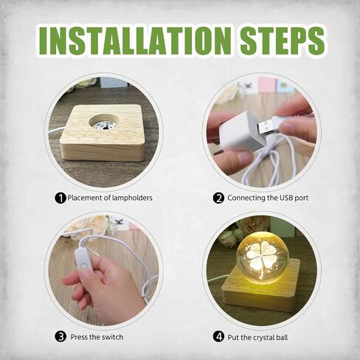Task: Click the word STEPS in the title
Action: click(283, 41)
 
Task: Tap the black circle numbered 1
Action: click(60, 198)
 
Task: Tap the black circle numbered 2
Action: click(218, 198)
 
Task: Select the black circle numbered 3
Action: click(60, 336)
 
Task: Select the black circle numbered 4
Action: click(218, 336)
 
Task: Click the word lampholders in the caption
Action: click(132, 198)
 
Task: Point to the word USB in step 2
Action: click(285, 198)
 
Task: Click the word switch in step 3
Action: click(112, 336)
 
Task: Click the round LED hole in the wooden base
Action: click(104, 122)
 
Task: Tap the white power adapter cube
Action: click(240, 131)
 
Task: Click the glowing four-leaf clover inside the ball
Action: click(263, 257)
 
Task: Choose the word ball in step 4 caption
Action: click(282, 337)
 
